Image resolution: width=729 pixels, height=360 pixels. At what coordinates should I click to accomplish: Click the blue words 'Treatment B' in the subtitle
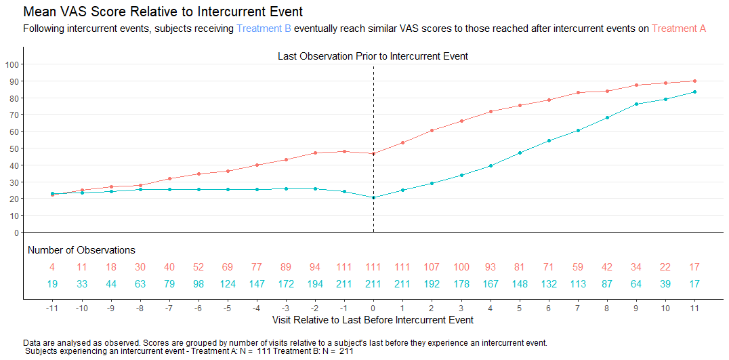point(264,28)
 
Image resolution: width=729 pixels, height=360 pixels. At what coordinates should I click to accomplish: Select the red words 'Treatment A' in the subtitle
point(679,28)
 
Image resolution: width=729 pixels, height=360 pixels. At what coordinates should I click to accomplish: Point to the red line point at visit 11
point(694,81)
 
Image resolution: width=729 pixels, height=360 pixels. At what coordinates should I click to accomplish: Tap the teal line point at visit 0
point(373,198)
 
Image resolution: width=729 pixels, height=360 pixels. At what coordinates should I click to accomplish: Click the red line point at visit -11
point(53,195)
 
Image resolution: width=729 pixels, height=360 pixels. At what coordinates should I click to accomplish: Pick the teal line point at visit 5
point(520,153)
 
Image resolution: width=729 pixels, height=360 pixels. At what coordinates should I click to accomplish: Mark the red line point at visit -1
point(344,152)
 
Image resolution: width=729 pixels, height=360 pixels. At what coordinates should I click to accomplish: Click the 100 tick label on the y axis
point(12,64)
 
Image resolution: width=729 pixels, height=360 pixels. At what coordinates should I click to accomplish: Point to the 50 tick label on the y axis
point(14,148)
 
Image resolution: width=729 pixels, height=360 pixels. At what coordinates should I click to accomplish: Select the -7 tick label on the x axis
point(169,308)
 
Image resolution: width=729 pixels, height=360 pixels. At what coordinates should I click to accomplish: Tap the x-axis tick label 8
point(607,308)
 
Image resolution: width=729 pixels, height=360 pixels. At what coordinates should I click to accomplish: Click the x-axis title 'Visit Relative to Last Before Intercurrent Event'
point(373,320)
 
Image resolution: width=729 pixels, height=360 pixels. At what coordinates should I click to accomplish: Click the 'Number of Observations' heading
point(81,250)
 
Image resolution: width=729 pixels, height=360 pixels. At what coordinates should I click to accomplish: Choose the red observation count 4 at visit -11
point(53,267)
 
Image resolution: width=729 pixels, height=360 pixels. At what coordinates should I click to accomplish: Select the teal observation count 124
point(228,284)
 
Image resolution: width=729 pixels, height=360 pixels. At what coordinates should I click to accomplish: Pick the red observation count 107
point(432,267)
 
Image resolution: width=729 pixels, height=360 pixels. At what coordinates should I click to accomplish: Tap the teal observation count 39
point(665,284)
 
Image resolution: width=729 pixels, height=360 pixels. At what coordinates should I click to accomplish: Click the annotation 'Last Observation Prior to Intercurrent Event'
point(373,57)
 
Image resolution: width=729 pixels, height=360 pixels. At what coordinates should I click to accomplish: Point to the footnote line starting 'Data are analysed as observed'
point(285,343)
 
